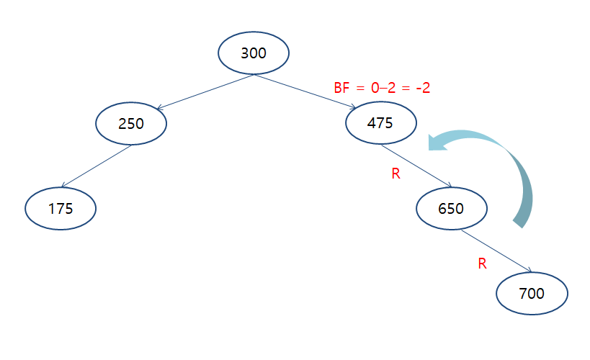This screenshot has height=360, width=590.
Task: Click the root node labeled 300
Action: pyautogui.click(x=253, y=53)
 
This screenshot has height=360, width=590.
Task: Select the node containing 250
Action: pyautogui.click(x=131, y=123)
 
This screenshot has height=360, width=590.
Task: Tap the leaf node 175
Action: pyautogui.click(x=61, y=209)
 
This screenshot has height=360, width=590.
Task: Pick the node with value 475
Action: pyautogui.click(x=380, y=122)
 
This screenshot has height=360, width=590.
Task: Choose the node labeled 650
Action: pyautogui.click(x=451, y=209)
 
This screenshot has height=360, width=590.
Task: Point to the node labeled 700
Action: pyautogui.click(x=532, y=293)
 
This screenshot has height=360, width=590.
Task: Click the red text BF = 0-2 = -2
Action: pyautogui.click(x=382, y=89)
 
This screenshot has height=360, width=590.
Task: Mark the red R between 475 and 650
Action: pyautogui.click(x=395, y=174)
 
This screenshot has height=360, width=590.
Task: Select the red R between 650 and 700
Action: pyautogui.click(x=483, y=264)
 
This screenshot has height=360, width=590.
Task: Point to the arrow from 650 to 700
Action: pyautogui.click(x=496, y=251)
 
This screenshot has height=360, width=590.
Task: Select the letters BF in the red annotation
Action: pyautogui.click(x=341, y=89)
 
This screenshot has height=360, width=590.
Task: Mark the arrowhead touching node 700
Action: pyautogui.click(x=529, y=271)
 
